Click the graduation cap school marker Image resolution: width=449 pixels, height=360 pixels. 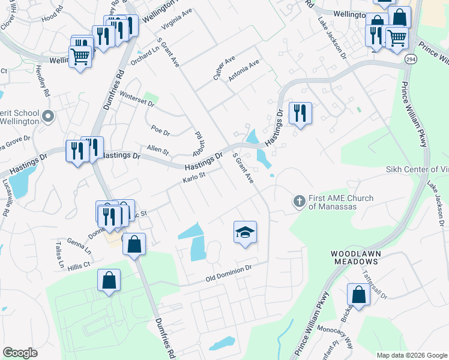[245, 232]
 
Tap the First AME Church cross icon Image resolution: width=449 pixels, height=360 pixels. [300, 202]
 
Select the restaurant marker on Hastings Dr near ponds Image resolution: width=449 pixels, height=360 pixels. [300, 113]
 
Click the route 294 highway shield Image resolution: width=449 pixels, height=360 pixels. [411, 59]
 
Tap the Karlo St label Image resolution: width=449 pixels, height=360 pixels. [194, 178]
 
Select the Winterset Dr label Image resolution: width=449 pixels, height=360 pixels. [137, 99]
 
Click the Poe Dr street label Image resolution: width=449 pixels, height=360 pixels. [160, 130]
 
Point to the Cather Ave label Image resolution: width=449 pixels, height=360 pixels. [224, 68]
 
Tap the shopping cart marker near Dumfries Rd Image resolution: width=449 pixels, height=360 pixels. [80, 57]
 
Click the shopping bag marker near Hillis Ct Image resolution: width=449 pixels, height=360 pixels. [109, 280]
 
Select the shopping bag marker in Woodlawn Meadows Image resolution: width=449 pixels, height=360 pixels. [358, 295]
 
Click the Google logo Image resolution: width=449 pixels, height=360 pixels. [20, 353]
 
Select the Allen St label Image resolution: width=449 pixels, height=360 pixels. [158, 149]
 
